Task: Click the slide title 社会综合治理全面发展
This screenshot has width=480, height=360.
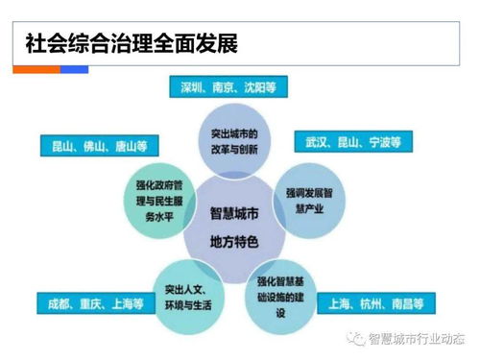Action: (x=131, y=43)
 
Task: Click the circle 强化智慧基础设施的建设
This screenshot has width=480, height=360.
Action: (x=285, y=295)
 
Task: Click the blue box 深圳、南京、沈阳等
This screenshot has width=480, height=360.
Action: (x=228, y=87)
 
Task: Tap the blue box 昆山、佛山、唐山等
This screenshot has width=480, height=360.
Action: (x=100, y=147)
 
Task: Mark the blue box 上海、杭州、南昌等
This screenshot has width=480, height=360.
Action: (x=375, y=303)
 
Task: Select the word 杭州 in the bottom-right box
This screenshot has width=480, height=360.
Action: (x=375, y=303)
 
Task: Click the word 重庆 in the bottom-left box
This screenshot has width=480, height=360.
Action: (x=96, y=303)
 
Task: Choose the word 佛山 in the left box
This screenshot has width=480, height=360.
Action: (x=100, y=147)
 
